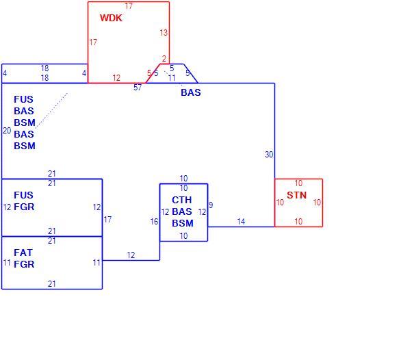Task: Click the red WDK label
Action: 111,18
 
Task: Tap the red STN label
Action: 297,195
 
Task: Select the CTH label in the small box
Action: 182,200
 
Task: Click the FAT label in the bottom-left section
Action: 23,253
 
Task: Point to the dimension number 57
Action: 138,88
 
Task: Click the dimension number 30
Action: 269,155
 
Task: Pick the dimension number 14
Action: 241,222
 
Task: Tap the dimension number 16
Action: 154,222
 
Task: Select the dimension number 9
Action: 211,205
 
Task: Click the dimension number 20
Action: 7,131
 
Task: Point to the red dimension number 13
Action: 164,33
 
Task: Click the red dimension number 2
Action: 164,59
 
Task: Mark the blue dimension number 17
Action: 107,220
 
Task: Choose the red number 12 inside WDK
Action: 116,78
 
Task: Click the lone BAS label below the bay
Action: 191,92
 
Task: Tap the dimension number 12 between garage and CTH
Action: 131,255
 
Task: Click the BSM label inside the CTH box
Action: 183,223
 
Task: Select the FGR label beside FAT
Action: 24,264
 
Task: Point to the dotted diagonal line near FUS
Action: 51,110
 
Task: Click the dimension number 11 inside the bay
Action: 172,78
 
